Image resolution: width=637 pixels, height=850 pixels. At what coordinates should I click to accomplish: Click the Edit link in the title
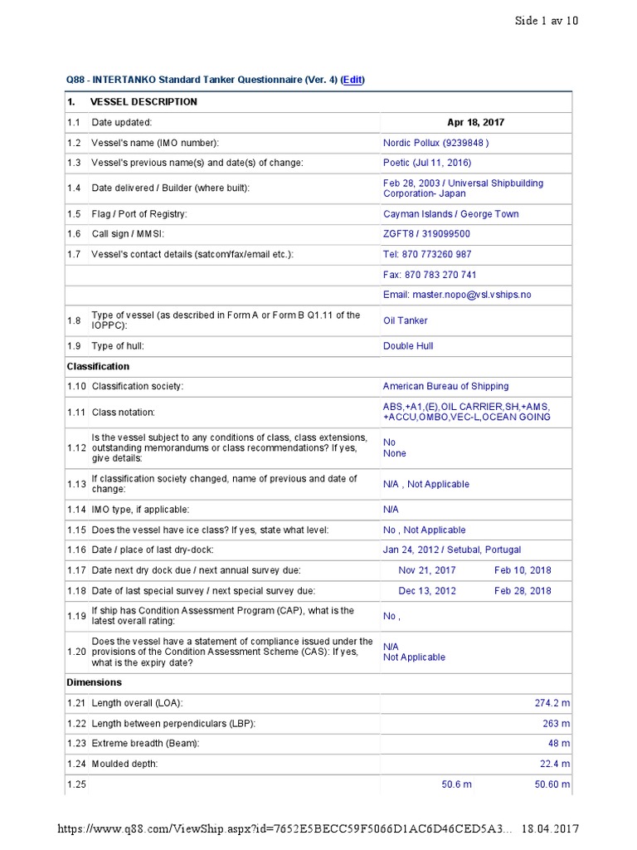coord(353,80)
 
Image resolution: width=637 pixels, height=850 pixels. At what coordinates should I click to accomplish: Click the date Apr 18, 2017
coord(475,122)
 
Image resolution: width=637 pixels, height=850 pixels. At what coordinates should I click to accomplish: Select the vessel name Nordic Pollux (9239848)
coord(436,143)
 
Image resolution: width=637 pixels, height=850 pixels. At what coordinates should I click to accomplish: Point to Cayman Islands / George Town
coord(450,214)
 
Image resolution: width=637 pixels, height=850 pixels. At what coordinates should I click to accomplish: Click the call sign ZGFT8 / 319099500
coord(426,234)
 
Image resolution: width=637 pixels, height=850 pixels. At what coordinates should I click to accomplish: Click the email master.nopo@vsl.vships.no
coord(457,295)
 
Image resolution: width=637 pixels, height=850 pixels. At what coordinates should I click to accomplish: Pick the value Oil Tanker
coord(406,320)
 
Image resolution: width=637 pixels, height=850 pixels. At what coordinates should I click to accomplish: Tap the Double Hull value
coord(408,346)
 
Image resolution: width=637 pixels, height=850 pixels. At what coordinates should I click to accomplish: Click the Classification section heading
coord(98,366)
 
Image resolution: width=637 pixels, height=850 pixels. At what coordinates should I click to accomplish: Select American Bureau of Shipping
coord(445,386)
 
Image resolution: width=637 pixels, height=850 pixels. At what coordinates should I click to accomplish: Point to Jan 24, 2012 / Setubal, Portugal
coord(452,550)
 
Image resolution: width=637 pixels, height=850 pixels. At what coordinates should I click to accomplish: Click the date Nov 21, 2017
coord(427,570)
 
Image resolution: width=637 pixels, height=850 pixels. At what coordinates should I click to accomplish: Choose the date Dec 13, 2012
coord(427,591)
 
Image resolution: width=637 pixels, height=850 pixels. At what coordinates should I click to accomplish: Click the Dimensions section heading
coord(94,682)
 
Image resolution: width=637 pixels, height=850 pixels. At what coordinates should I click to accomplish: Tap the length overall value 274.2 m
coord(552,703)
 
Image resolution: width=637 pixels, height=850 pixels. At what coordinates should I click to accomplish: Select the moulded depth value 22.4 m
coord(555,764)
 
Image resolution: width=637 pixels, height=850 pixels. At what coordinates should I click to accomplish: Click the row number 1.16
coord(76,550)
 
